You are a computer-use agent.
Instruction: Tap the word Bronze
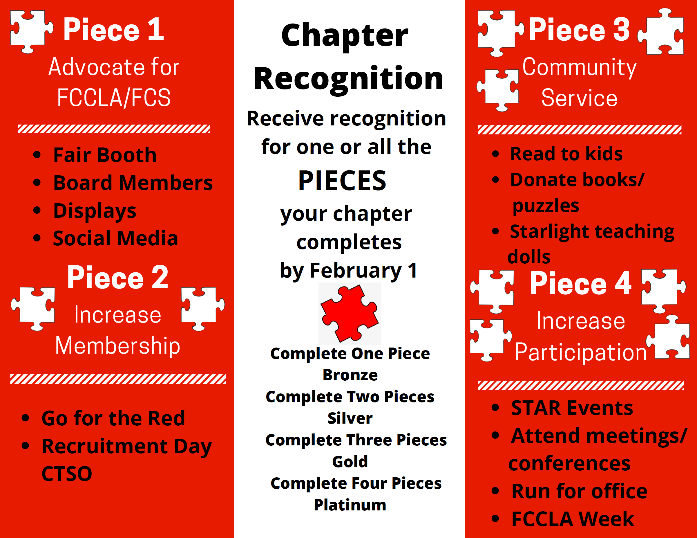(350, 375)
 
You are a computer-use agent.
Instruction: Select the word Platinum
(350, 505)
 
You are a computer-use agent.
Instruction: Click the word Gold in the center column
(350, 462)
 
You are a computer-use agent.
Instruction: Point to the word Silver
(350, 418)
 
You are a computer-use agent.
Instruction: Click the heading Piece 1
(114, 30)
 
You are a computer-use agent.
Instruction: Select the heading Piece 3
(579, 30)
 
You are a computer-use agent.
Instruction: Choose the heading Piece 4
(580, 283)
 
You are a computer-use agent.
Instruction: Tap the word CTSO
(67, 474)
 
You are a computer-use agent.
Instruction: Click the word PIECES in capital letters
(342, 181)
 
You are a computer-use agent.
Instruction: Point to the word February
(356, 271)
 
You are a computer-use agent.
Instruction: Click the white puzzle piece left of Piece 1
(31, 32)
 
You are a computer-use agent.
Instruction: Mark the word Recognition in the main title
(349, 79)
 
